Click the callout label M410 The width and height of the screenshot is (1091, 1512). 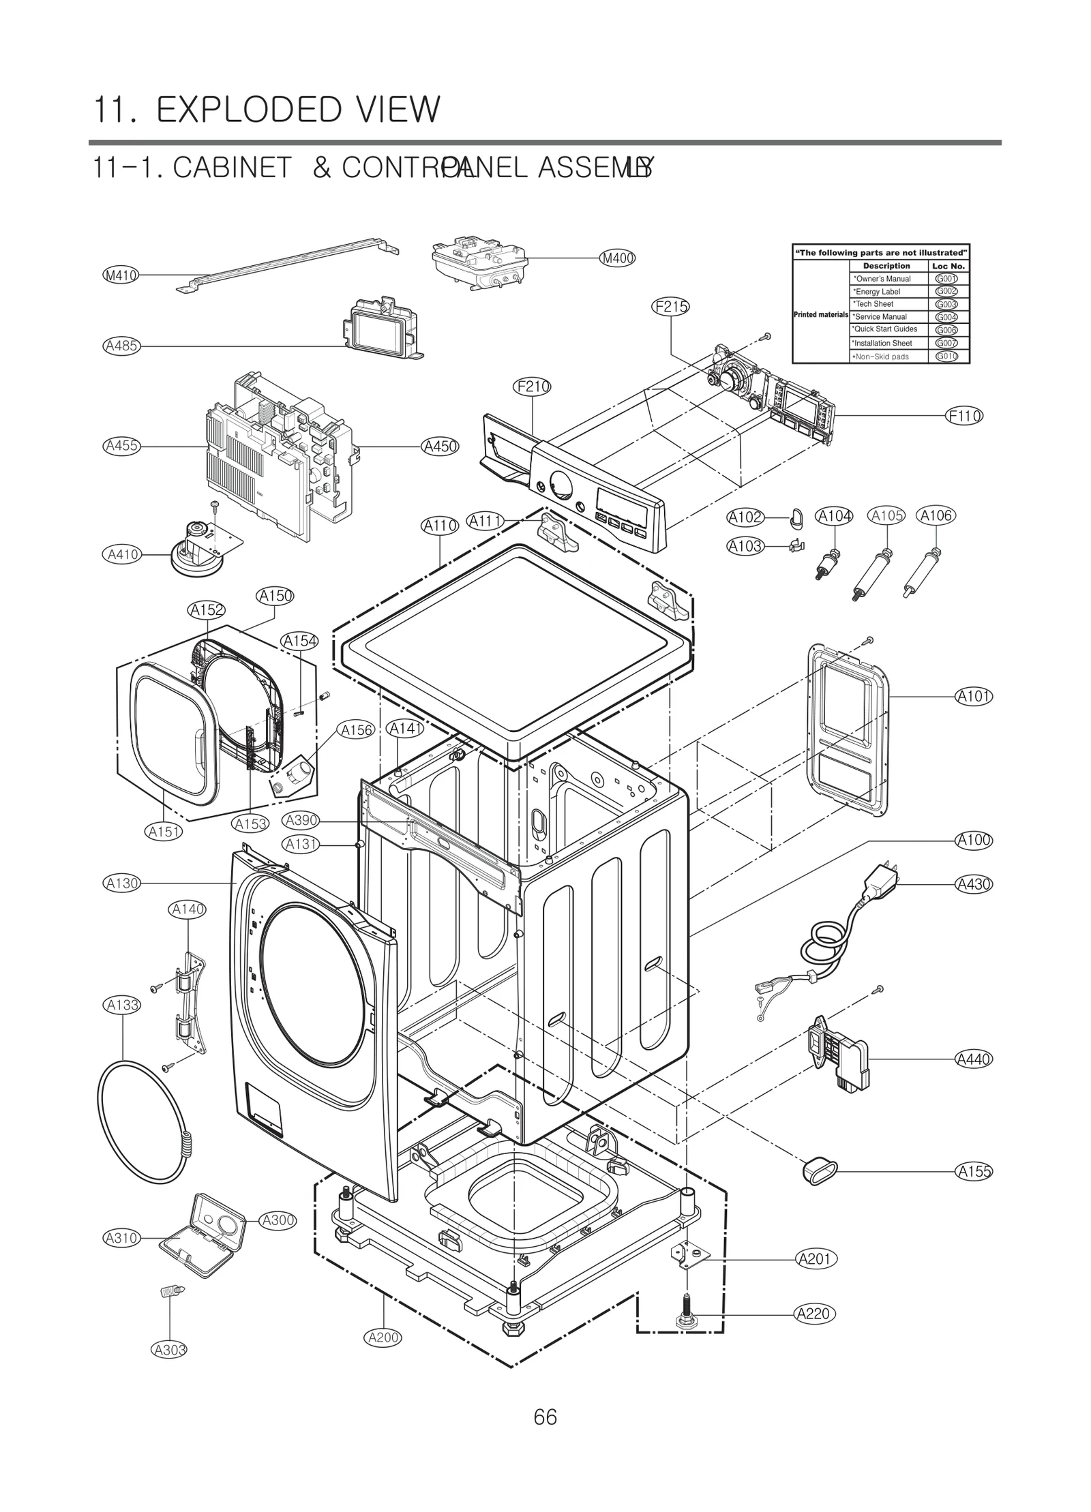pyautogui.click(x=120, y=275)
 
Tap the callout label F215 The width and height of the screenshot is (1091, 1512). pyautogui.click(x=671, y=307)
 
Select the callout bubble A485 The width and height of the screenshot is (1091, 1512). pyautogui.click(x=121, y=346)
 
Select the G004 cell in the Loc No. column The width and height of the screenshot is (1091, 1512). pyautogui.click(x=946, y=317)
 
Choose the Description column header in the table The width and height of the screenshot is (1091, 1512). pyautogui.click(x=886, y=266)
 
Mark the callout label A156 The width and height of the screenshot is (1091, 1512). pyautogui.click(x=357, y=730)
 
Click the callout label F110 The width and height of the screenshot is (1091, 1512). pyautogui.click(x=964, y=416)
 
